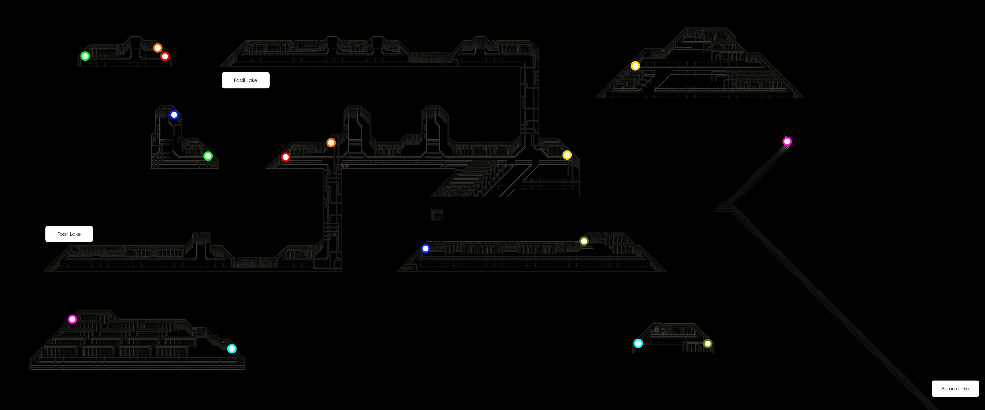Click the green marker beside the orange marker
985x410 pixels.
tap(85, 56)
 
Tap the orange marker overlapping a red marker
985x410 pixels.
tap(157, 48)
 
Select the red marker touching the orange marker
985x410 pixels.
tap(165, 57)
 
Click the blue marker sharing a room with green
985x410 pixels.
tap(174, 115)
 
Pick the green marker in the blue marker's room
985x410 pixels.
tap(208, 156)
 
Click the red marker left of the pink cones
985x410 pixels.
tap(286, 157)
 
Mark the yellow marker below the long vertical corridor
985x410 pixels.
tap(567, 155)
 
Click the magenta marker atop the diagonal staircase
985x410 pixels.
tap(787, 142)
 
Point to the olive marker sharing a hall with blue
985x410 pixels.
tap(584, 241)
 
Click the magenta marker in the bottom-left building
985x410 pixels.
tap(72, 319)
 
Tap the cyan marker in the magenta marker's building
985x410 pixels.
tap(232, 348)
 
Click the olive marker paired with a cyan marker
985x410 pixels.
tap(708, 344)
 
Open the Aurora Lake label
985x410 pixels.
tap(955, 388)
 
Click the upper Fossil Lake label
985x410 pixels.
tap(245, 80)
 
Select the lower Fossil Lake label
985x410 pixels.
tap(69, 234)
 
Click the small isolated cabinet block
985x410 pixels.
tap(437, 215)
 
